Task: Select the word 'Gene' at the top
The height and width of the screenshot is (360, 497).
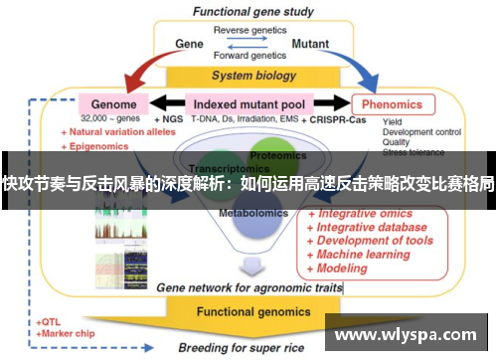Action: (189, 44)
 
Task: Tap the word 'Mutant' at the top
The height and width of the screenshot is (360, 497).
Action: (310, 44)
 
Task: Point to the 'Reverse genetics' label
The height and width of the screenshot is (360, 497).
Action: (248, 30)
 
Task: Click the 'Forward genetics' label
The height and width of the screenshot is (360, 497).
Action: (248, 57)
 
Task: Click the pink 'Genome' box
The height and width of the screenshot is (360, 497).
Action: (114, 103)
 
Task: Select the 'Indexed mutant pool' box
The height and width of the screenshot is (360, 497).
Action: (248, 103)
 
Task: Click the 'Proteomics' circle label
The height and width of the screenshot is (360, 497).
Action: (277, 155)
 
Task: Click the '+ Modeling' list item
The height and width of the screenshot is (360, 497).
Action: (339, 268)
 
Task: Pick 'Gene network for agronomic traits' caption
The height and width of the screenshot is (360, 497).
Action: (250, 287)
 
